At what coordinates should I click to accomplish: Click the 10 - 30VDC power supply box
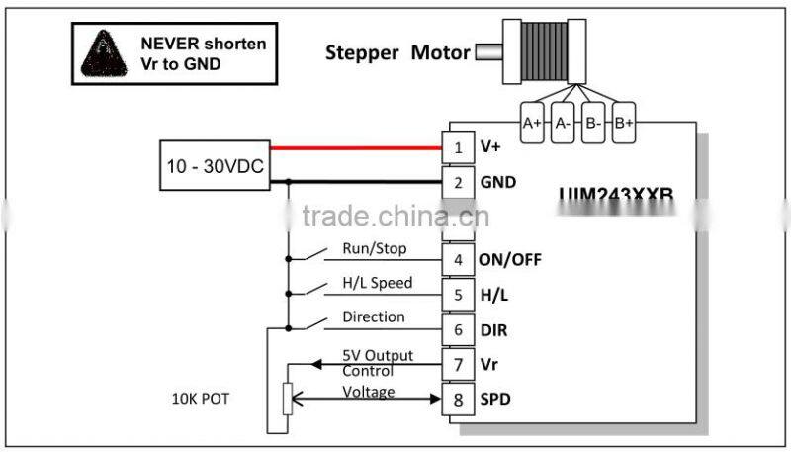coord(214,165)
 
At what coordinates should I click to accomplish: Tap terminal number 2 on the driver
coord(456,182)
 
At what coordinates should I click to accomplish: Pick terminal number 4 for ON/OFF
coord(456,260)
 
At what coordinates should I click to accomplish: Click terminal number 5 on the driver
coord(456,295)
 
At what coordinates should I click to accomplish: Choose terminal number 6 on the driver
coord(456,329)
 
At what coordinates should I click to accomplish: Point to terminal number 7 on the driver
coord(456,364)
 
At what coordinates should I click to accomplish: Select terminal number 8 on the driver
coord(456,399)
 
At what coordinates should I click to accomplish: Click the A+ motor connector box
coord(532,123)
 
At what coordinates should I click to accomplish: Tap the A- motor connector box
coord(563,123)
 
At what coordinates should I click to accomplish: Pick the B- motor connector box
coord(592,123)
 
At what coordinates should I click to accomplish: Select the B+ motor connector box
coord(623,123)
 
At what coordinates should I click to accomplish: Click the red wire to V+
coord(356,149)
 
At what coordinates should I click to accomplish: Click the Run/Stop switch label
coord(374,249)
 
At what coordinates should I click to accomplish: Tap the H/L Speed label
coord(377,283)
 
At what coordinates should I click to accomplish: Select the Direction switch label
coord(373,317)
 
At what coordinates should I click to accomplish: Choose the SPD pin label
coord(496,400)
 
